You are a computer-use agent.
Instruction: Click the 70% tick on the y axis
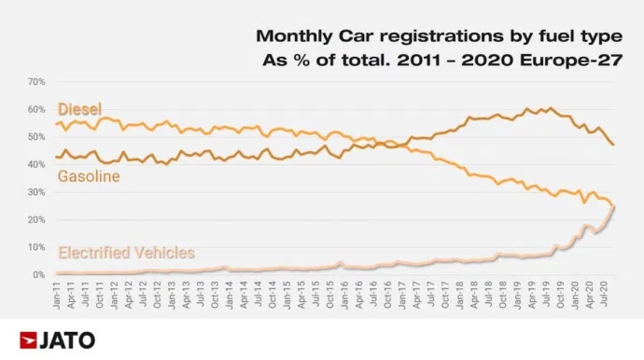[x=36, y=82]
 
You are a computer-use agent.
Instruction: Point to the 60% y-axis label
[x=36, y=110]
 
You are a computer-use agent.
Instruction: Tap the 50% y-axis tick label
[x=36, y=137]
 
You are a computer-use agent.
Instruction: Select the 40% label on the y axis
[x=36, y=165]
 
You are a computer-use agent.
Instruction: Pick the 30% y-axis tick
[x=36, y=192]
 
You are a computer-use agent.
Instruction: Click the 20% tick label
[x=36, y=220]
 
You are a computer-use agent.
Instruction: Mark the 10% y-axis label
[x=36, y=248]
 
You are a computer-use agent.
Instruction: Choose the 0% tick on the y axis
[x=39, y=275]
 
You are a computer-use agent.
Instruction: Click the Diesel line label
[x=79, y=108]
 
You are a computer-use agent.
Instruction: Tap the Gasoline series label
[x=89, y=175]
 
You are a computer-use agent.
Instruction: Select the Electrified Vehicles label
[x=126, y=252]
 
